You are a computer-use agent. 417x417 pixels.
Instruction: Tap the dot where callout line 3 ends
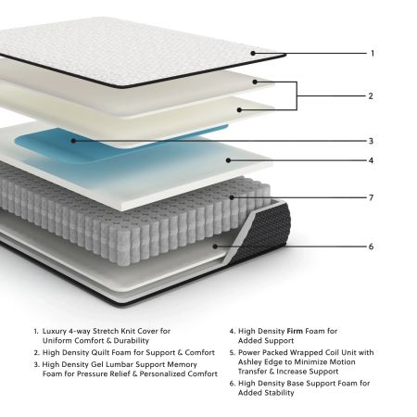74,142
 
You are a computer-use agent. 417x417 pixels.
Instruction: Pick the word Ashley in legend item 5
250,361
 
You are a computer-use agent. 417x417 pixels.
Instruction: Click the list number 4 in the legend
231,330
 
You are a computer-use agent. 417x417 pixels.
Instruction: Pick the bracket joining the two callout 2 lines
297,95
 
